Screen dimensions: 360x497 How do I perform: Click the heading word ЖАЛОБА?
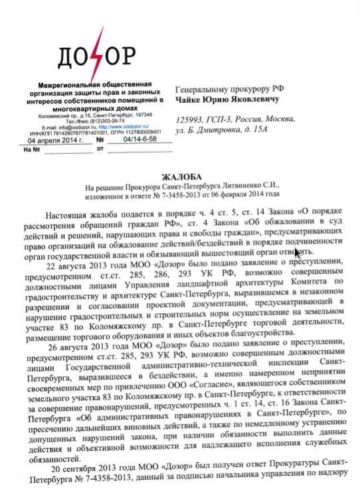pyautogui.click(x=180, y=177)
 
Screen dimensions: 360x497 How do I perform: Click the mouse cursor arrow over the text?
pyautogui.click(x=298, y=252)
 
